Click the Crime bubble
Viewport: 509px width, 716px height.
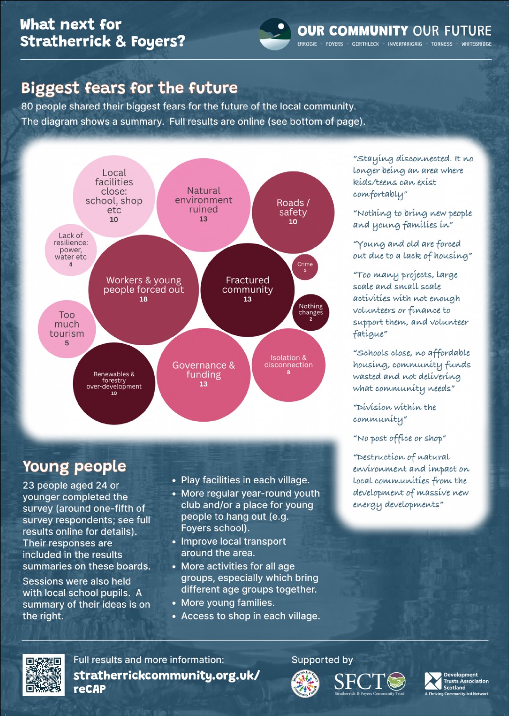point(305,267)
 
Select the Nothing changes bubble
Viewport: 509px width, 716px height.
point(311,312)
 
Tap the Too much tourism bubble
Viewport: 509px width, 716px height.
point(67,329)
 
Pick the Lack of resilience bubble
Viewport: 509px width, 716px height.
point(71,250)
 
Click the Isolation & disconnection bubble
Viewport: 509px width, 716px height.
point(288,365)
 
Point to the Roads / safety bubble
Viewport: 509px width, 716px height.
point(293,212)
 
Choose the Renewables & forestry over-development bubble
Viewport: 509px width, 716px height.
point(114,383)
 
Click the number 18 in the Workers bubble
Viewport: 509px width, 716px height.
point(143,299)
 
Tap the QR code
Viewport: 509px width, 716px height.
point(43,675)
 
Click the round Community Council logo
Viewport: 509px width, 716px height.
point(305,683)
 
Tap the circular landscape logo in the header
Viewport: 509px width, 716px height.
point(275,34)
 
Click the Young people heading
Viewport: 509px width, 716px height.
point(74,467)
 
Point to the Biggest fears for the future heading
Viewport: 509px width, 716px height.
point(129,88)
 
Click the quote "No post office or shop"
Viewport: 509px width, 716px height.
point(399,439)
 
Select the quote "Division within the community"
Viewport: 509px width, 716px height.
point(394,413)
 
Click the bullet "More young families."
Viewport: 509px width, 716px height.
point(228,602)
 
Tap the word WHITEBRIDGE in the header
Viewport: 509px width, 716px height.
point(476,44)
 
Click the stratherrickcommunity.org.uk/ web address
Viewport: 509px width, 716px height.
point(166,675)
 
